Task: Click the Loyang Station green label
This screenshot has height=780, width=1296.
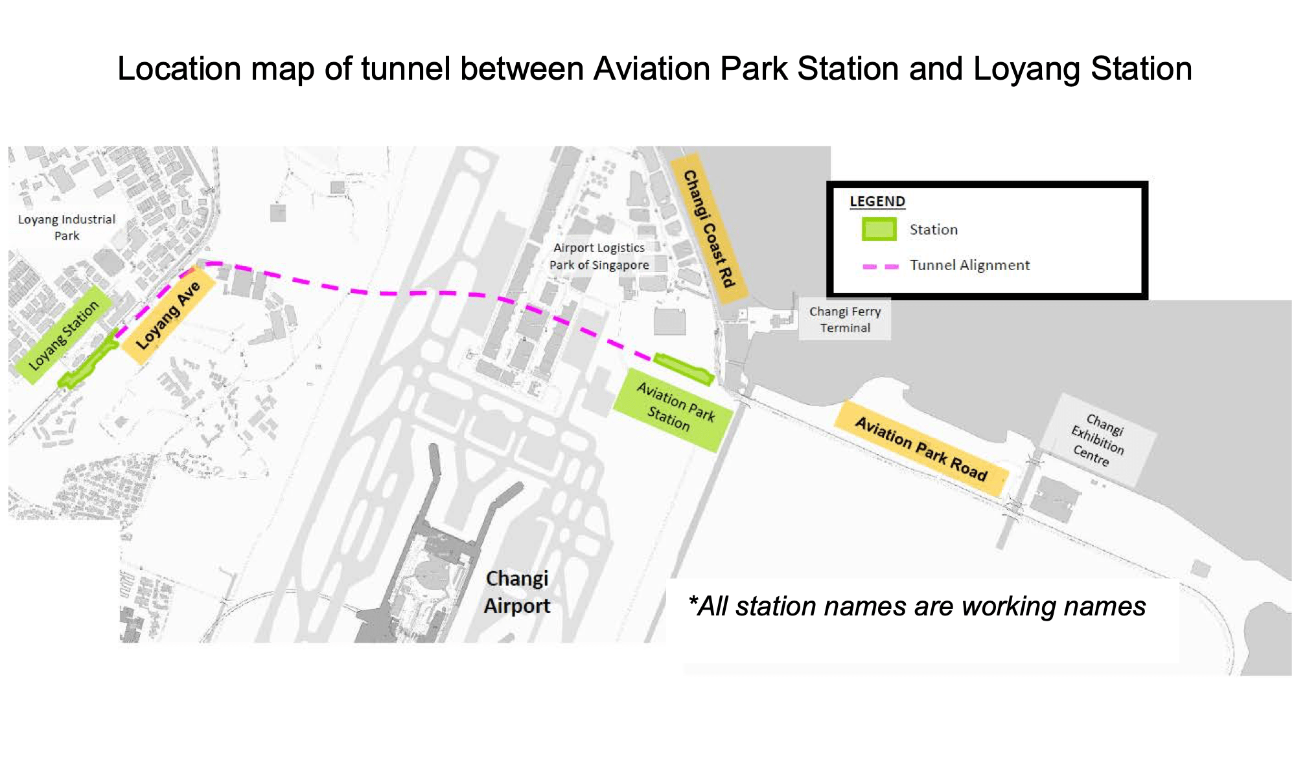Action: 64,335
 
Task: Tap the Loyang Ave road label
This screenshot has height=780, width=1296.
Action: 168,315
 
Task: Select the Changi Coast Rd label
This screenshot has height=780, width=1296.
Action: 709,228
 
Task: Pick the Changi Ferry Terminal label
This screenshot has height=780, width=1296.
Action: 845,319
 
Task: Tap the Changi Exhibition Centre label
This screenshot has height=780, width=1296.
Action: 1098,440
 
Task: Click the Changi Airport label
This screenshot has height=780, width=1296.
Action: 516,591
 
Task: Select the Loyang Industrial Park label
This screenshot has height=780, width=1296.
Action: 67,227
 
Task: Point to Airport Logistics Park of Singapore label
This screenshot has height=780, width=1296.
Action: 599,257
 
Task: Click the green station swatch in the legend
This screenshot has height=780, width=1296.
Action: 879,229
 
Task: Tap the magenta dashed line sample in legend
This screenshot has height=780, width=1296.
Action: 880,266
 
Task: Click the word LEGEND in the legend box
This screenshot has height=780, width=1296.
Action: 877,201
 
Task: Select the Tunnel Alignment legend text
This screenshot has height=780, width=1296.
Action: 969,265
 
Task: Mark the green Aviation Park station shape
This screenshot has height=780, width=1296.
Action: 684,367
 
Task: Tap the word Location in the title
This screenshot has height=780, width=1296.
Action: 179,69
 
